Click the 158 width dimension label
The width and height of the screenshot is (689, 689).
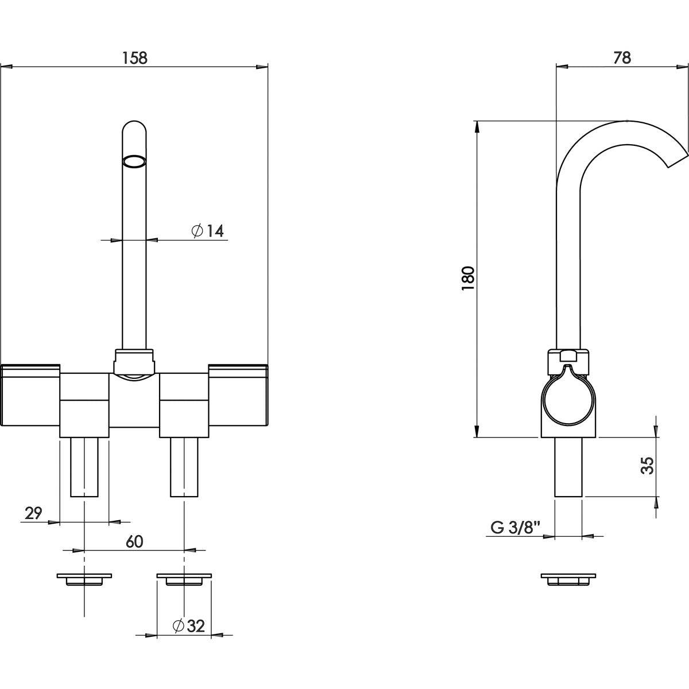135,57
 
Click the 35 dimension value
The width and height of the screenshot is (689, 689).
647,466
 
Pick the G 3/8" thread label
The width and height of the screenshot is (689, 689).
516,527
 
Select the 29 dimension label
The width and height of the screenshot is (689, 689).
34,513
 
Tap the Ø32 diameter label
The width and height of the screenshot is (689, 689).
188,626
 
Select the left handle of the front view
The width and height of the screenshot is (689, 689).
31,396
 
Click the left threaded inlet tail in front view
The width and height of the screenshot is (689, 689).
84,467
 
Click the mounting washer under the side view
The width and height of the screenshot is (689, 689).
568,579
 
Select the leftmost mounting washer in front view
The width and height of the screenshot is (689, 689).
84,579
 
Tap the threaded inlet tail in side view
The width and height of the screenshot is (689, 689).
568,467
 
